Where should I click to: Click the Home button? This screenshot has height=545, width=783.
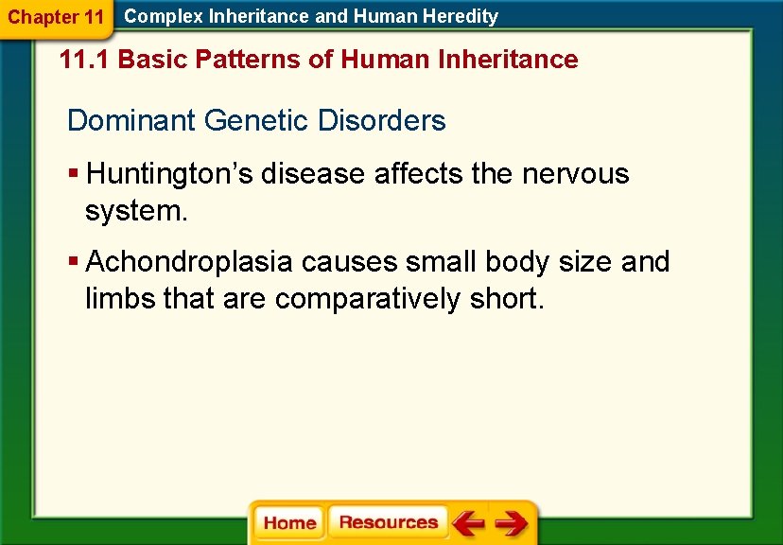pyautogui.click(x=289, y=523)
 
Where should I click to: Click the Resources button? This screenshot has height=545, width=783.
pyautogui.click(x=388, y=522)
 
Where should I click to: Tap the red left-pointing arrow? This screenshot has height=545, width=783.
pyautogui.click(x=468, y=522)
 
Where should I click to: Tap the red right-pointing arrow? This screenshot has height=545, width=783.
pyautogui.click(x=512, y=522)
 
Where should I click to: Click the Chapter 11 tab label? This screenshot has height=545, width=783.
pyautogui.click(x=56, y=17)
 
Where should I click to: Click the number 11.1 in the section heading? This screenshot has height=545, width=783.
pyautogui.click(x=84, y=60)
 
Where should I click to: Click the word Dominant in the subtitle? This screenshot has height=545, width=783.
pyautogui.click(x=130, y=121)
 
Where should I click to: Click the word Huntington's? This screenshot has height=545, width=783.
pyautogui.click(x=168, y=174)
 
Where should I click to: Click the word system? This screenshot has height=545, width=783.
pyautogui.click(x=135, y=211)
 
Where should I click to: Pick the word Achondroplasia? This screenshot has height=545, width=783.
pyautogui.click(x=192, y=261)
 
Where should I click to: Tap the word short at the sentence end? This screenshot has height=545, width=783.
pyautogui.click(x=505, y=299)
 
